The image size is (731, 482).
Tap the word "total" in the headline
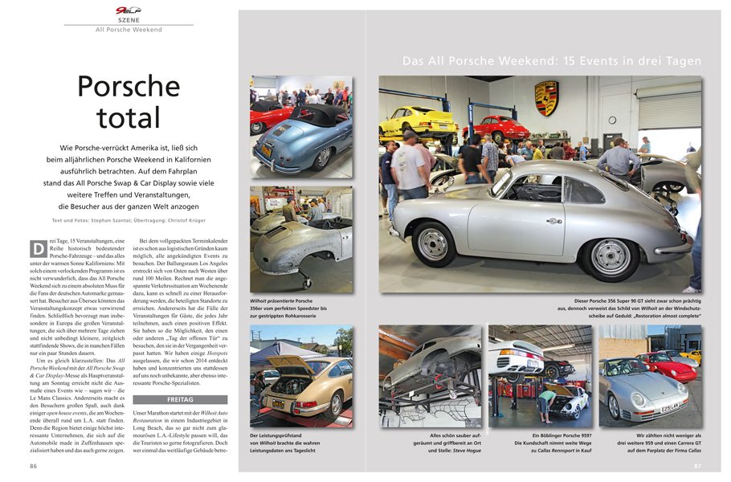[x=129, y=117]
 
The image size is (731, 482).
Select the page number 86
[x=34, y=465]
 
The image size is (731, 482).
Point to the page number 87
[x=697, y=465]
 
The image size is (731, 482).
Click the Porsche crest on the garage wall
[x=546, y=97]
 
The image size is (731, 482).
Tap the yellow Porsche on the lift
[x=419, y=120]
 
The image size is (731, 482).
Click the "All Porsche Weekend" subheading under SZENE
[x=129, y=30]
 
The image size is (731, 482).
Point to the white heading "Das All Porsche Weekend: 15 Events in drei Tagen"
[x=552, y=61]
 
